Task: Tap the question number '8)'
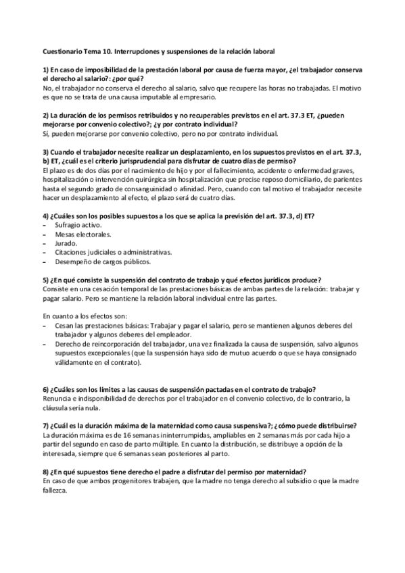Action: click(46, 471)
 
